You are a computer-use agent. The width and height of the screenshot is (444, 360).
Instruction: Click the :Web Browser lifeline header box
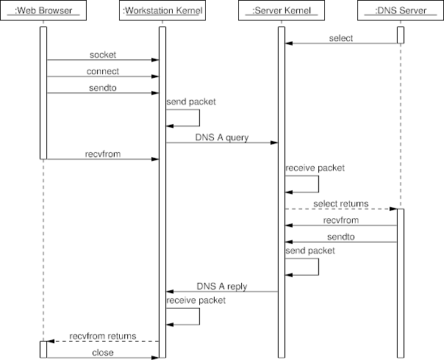click(43, 11)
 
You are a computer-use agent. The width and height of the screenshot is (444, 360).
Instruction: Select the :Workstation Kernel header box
click(162, 11)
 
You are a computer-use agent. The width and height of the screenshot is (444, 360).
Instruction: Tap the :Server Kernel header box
click(281, 11)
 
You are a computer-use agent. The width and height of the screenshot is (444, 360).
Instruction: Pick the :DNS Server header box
click(400, 11)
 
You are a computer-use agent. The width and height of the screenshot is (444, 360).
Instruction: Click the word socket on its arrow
click(103, 55)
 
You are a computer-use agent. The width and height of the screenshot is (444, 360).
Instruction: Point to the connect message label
click(103, 71)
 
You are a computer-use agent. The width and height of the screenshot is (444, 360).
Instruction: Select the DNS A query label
click(221, 137)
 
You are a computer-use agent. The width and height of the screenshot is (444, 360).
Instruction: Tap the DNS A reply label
click(221, 286)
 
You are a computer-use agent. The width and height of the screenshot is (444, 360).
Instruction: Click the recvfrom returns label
click(103, 336)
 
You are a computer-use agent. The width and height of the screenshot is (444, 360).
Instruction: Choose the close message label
click(103, 352)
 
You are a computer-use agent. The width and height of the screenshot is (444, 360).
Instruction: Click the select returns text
click(340, 204)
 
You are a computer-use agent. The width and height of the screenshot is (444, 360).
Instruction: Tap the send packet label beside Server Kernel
click(310, 251)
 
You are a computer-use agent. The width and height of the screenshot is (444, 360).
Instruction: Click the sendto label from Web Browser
click(103, 87)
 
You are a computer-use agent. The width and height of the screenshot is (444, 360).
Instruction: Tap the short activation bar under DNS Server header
click(401, 35)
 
